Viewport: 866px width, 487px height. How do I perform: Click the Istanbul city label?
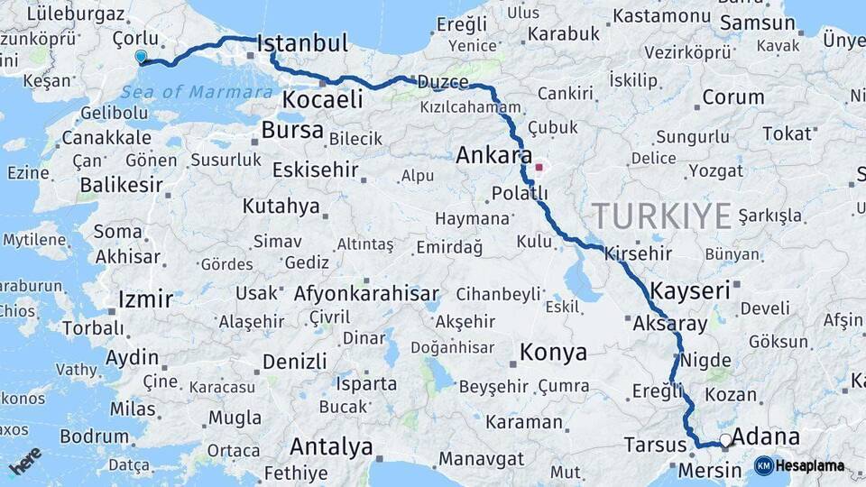pyautogui.click(x=302, y=43)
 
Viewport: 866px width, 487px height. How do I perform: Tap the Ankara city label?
pyautogui.click(x=493, y=155)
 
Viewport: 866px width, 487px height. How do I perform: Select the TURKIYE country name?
pyautogui.click(x=661, y=216)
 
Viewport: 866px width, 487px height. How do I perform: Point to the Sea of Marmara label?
pyautogui.click(x=197, y=92)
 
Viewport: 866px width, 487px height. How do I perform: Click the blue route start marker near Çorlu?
pyautogui.click(x=141, y=57)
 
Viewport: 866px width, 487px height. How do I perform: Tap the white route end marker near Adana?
pyautogui.click(x=725, y=440)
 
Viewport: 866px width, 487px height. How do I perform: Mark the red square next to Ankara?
pyautogui.click(x=540, y=167)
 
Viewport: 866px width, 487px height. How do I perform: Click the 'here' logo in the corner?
pyautogui.click(x=26, y=461)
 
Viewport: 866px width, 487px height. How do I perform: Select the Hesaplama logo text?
pyautogui.click(x=809, y=465)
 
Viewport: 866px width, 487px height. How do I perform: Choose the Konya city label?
pyautogui.click(x=553, y=352)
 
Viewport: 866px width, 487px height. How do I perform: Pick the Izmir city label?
pyautogui.click(x=145, y=299)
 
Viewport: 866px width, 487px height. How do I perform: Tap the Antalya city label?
pyautogui.click(x=331, y=446)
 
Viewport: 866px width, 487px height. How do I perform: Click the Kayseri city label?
pyautogui.click(x=689, y=290)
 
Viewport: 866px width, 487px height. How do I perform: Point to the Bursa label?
pyautogui.click(x=291, y=130)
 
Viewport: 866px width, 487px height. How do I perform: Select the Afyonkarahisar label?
pyautogui.click(x=366, y=293)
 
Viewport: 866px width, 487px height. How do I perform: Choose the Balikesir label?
pyautogui.click(x=121, y=185)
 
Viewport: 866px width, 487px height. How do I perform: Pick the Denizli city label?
pyautogui.click(x=294, y=362)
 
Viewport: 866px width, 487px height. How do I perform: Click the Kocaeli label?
pyautogui.click(x=323, y=98)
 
